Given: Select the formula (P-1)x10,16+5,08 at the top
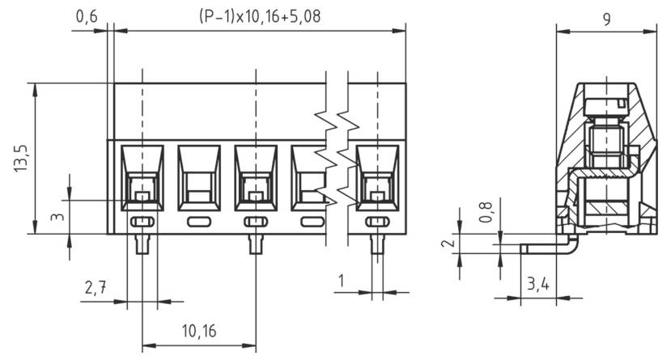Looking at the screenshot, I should pyautogui.click(x=253, y=15).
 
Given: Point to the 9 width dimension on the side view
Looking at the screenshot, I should pyautogui.click(x=607, y=19).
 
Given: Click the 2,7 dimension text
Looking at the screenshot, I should pyautogui.click(x=95, y=288).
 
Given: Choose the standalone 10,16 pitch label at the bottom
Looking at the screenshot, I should pyautogui.click(x=198, y=332).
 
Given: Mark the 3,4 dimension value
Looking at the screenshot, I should pyautogui.click(x=537, y=285).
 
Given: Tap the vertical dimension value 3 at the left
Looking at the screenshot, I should pyautogui.click(x=56, y=218).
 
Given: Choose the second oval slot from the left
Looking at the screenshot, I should pyautogui.click(x=198, y=222).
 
